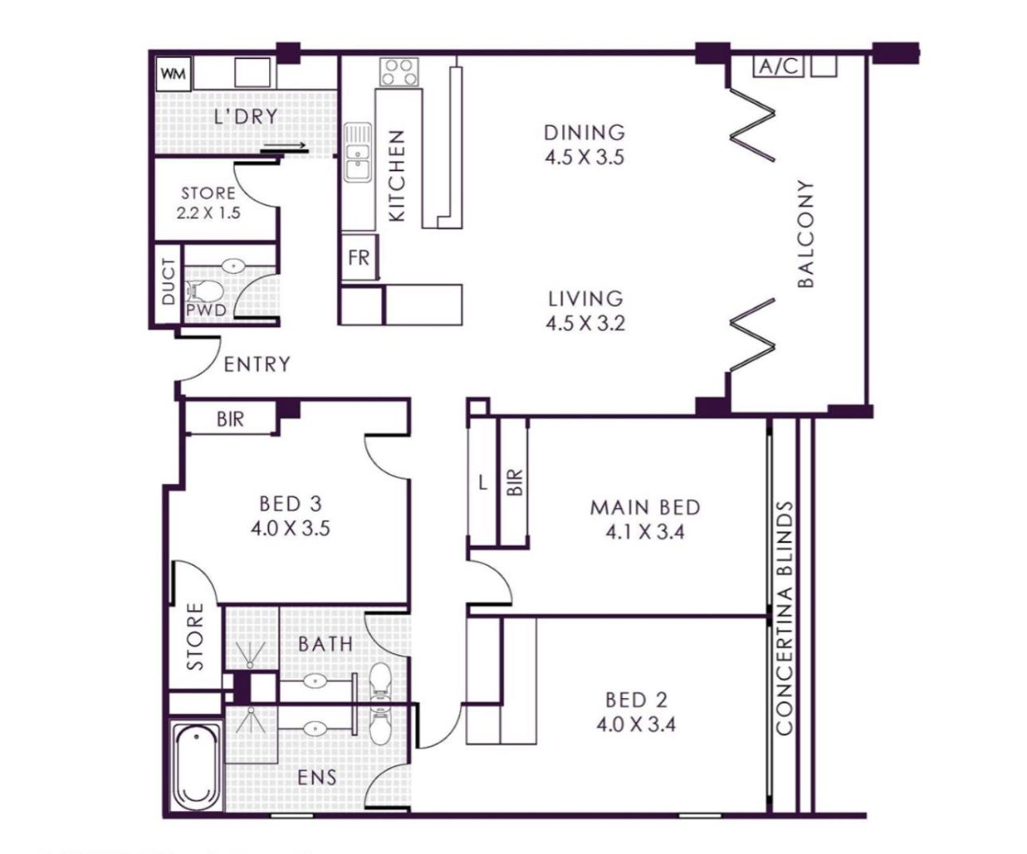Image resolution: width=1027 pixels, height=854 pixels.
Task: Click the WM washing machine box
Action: (174, 74)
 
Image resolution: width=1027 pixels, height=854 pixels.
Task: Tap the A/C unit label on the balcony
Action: (778, 66)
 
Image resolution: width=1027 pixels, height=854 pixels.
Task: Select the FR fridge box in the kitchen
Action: (358, 258)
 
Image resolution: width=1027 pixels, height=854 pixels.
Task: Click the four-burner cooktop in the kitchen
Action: (399, 72)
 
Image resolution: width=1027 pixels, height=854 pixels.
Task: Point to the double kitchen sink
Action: (358, 152)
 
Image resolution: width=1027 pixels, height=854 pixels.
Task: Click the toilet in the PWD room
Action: (205, 291)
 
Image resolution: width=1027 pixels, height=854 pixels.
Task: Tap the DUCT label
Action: (168, 282)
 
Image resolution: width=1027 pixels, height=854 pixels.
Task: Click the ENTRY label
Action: (257, 365)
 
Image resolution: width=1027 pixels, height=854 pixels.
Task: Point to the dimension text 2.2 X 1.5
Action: (209, 213)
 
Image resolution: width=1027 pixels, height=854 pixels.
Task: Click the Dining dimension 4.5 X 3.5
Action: (585, 158)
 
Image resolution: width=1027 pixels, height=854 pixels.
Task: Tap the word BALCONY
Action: (806, 233)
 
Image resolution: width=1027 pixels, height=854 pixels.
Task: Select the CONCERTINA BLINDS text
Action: (785, 618)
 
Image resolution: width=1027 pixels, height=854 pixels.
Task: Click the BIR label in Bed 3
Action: (230, 419)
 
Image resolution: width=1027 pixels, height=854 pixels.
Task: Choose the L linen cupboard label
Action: (483, 484)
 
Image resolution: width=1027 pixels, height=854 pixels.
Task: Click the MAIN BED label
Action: (646, 507)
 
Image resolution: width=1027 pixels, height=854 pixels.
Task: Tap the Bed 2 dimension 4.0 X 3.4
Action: (636, 724)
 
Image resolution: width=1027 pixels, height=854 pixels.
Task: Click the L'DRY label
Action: (247, 116)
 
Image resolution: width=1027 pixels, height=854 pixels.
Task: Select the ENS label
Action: (317, 778)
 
